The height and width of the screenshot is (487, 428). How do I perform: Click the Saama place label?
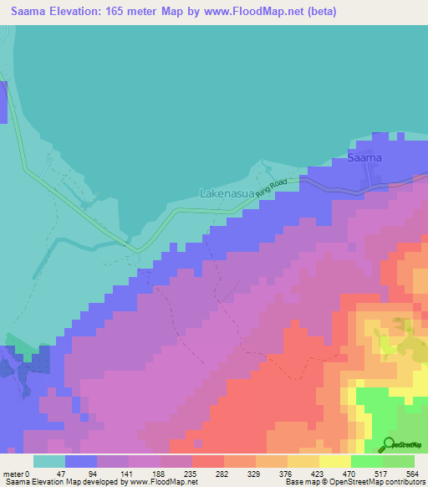pyautogui.click(x=364, y=157)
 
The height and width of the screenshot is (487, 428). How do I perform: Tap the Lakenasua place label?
pyautogui.click(x=227, y=193)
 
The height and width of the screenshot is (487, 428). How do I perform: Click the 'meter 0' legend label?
pyautogui.click(x=16, y=473)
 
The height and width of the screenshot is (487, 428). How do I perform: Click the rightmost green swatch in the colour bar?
pyautogui.click(x=399, y=461)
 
